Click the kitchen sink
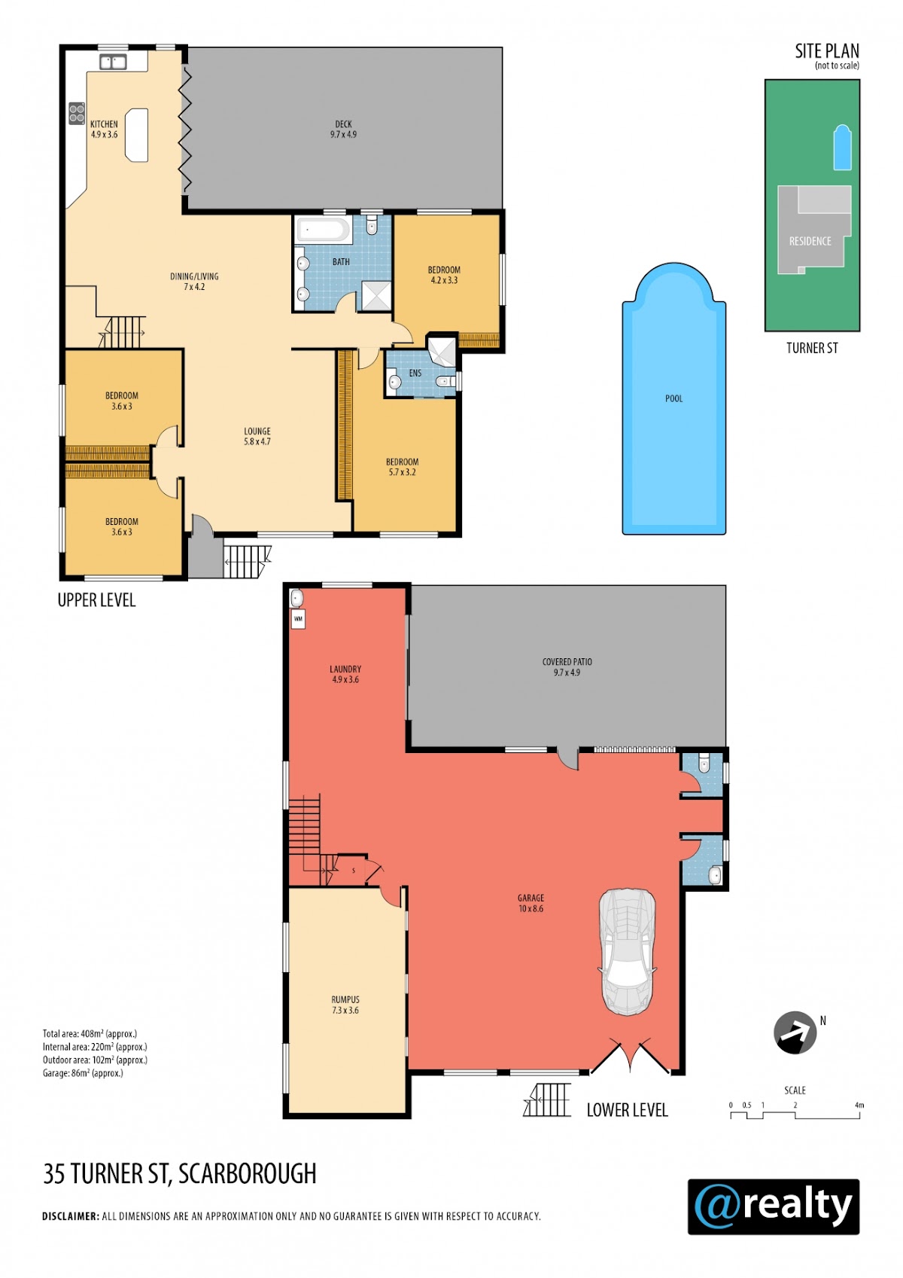(113, 62)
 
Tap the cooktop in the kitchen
(77, 113)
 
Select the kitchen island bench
(137, 136)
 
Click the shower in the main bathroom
(377, 296)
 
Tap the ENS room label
(415, 373)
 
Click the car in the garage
(627, 952)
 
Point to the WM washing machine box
(298, 619)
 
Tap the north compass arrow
(795, 1032)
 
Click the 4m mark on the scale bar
(859, 1105)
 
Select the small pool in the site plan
(842, 147)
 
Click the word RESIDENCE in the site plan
(810, 241)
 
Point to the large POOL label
(673, 399)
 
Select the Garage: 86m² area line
(83, 1073)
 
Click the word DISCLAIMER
(71, 1215)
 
